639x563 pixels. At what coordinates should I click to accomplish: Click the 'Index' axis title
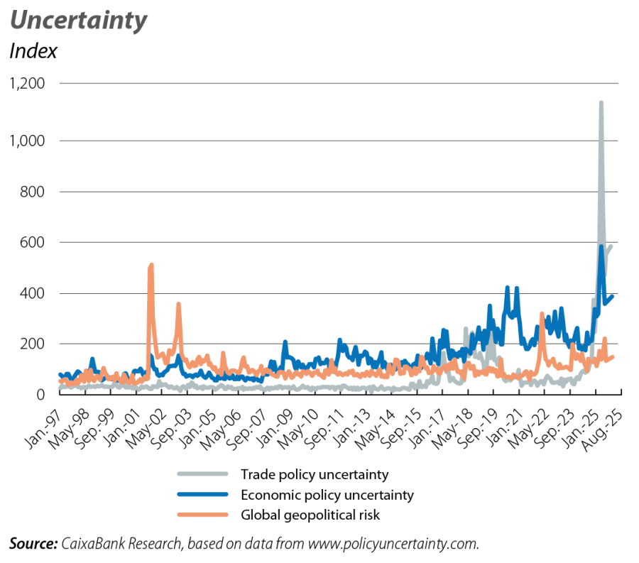32,51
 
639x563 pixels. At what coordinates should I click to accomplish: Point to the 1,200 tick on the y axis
26,84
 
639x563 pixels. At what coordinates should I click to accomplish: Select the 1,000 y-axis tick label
26,141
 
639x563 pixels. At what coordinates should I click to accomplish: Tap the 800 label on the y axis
33,192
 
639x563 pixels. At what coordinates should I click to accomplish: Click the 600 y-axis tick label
33,243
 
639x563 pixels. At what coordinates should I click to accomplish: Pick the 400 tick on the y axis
33,293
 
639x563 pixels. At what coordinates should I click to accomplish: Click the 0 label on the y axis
40,395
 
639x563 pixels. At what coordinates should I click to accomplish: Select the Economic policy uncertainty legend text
327,493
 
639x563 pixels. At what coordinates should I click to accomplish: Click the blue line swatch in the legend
202,493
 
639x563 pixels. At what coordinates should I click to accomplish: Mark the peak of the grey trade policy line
601,103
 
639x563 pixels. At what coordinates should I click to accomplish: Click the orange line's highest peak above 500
151,266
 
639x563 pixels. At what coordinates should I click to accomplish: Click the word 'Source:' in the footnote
33,544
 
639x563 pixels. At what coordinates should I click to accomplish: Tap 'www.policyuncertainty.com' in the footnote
391,544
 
